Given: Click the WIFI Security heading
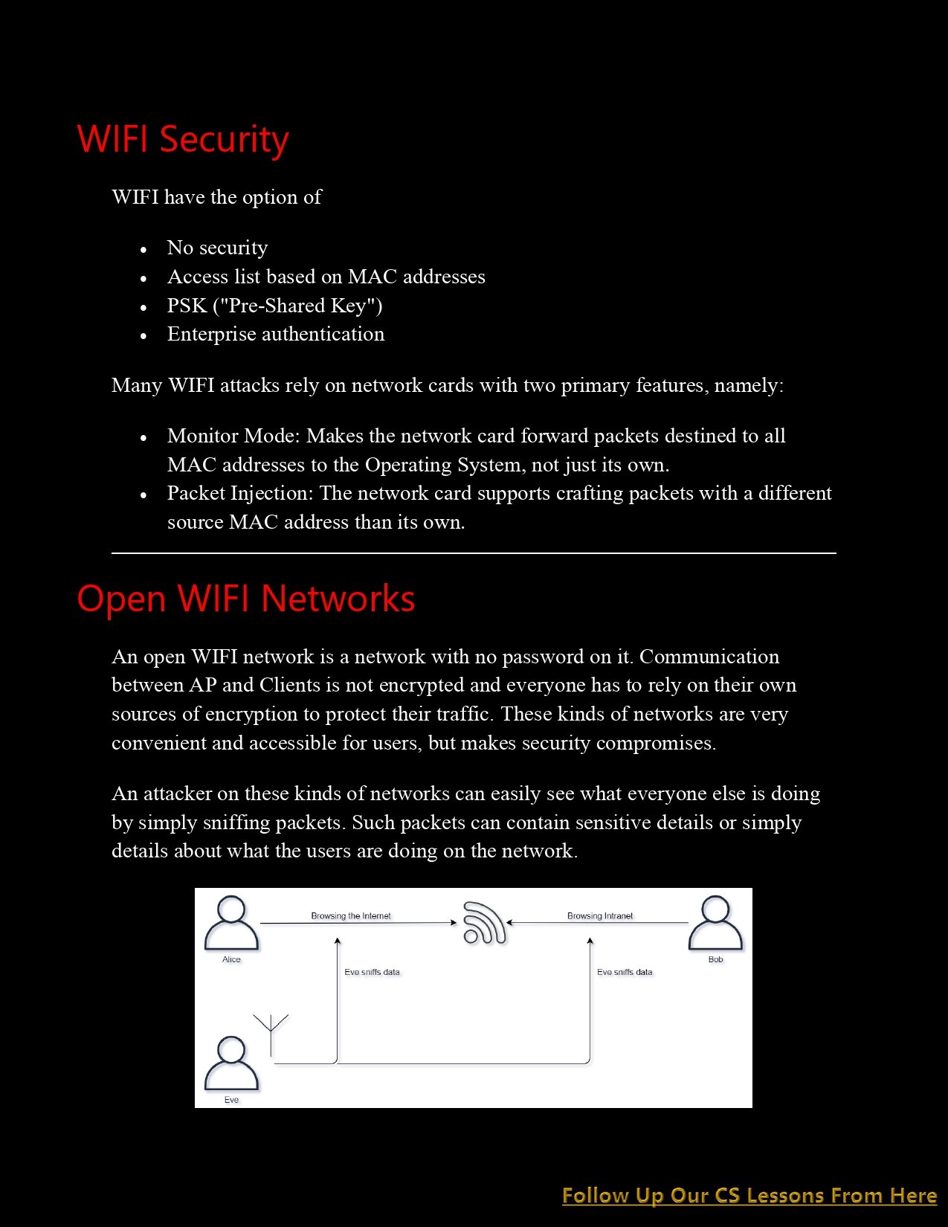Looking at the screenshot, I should (x=183, y=139).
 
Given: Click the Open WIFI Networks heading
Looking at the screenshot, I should (x=245, y=599).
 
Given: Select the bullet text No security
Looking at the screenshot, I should (x=217, y=248).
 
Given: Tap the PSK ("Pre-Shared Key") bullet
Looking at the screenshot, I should (x=274, y=306).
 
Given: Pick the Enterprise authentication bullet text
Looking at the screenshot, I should (x=276, y=334).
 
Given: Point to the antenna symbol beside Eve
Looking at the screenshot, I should (x=271, y=1032).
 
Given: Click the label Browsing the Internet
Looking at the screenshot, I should (x=350, y=915).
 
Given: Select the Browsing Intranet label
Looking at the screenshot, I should (x=599, y=915).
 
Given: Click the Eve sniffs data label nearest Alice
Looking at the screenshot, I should (x=372, y=972).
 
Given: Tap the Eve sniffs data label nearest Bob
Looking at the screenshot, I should (x=625, y=972).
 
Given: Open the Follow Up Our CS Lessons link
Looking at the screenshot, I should (x=749, y=1195).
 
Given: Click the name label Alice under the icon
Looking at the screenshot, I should (x=231, y=959).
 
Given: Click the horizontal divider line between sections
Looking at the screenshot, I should (x=474, y=553).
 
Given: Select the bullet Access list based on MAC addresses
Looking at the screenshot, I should (x=326, y=277).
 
